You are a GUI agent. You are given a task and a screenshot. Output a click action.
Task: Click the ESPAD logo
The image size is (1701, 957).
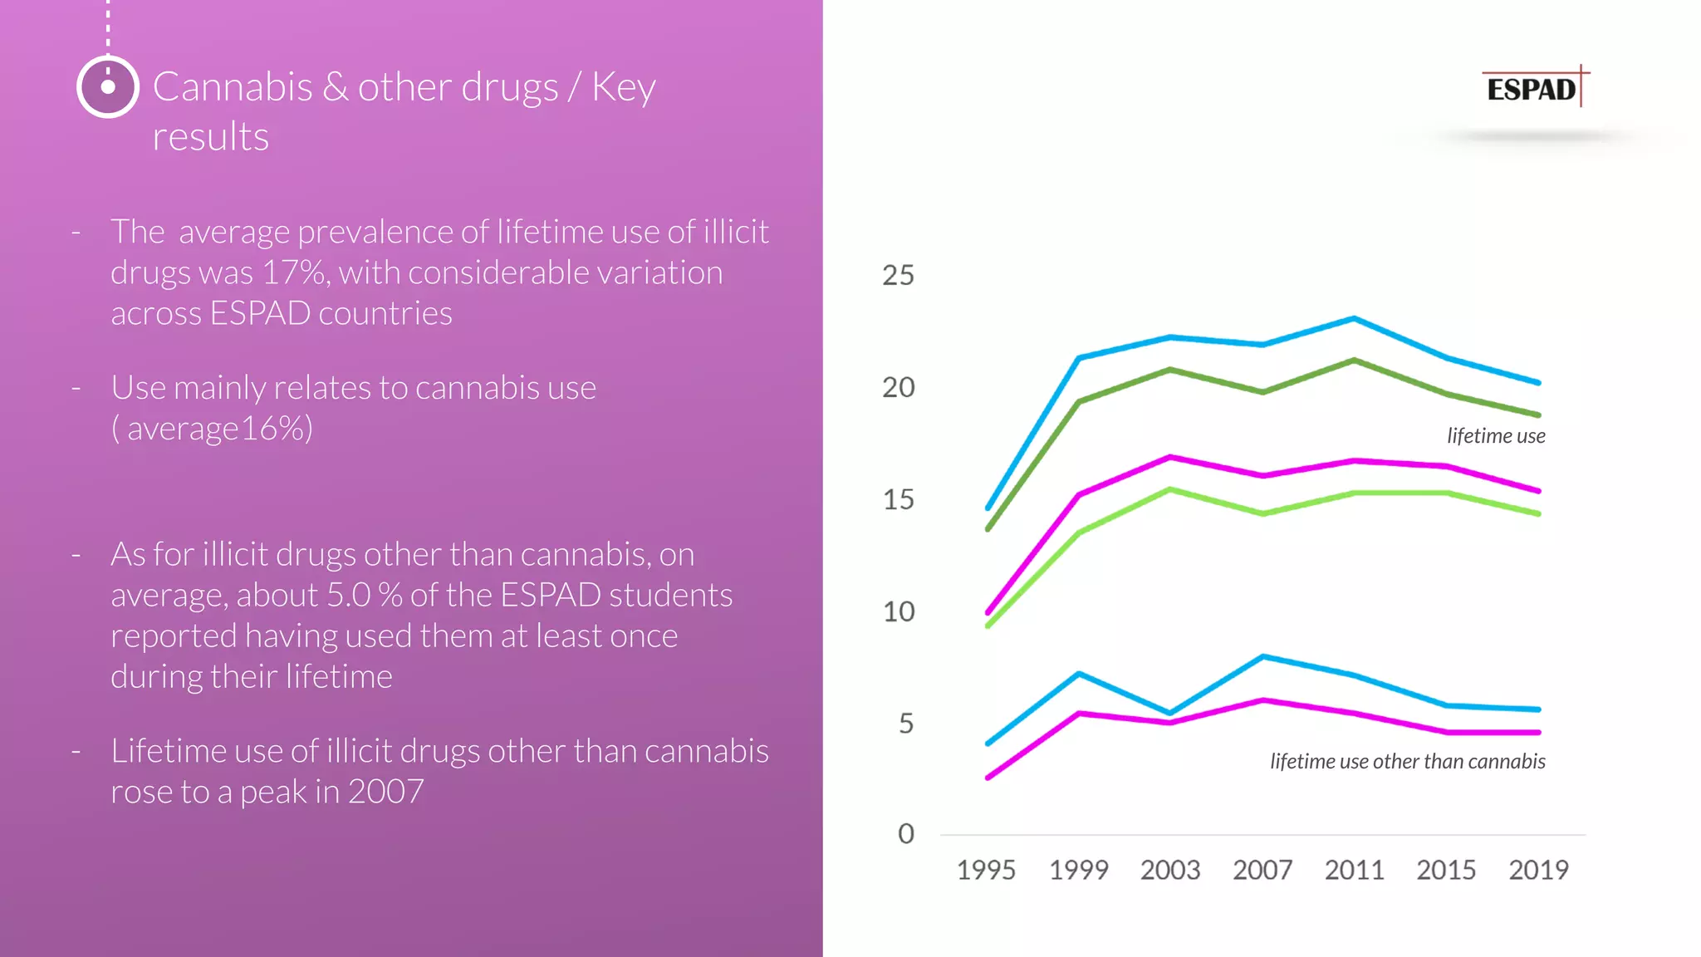1533,88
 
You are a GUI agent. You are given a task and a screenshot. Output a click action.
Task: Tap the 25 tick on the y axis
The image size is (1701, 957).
898,275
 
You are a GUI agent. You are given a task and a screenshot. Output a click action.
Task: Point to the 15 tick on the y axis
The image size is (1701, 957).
898,499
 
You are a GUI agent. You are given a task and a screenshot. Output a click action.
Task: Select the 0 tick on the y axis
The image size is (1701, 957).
905,833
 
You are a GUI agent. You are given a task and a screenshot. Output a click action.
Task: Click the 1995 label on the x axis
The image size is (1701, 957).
986,870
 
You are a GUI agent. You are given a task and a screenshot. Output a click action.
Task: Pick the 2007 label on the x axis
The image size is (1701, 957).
1262,870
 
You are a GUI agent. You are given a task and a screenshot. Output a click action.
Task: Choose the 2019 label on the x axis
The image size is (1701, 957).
1538,870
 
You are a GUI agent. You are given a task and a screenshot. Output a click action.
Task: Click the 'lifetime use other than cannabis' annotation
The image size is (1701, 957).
1407,761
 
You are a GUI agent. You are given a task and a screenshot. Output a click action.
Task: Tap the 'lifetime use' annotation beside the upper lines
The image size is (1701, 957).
1495,436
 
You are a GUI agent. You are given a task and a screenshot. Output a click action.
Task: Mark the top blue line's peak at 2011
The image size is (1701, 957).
1354,318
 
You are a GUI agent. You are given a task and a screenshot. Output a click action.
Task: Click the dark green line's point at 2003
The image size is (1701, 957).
1170,369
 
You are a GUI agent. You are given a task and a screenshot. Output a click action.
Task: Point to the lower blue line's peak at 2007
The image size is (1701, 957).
1262,657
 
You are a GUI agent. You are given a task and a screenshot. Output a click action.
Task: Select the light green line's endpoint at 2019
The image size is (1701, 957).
1538,513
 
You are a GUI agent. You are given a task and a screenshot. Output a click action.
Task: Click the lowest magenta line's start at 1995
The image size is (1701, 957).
988,778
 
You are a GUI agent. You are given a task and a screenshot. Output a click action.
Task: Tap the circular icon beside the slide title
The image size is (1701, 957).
107,86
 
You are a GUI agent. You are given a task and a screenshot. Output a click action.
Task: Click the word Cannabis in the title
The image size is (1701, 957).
233,87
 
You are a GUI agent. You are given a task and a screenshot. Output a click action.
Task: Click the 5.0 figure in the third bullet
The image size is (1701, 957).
348,596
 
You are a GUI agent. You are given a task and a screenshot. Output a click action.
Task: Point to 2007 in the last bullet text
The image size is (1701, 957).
385,792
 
